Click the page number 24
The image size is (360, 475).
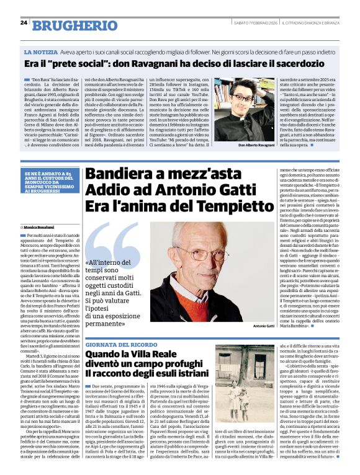pos(24,23)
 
